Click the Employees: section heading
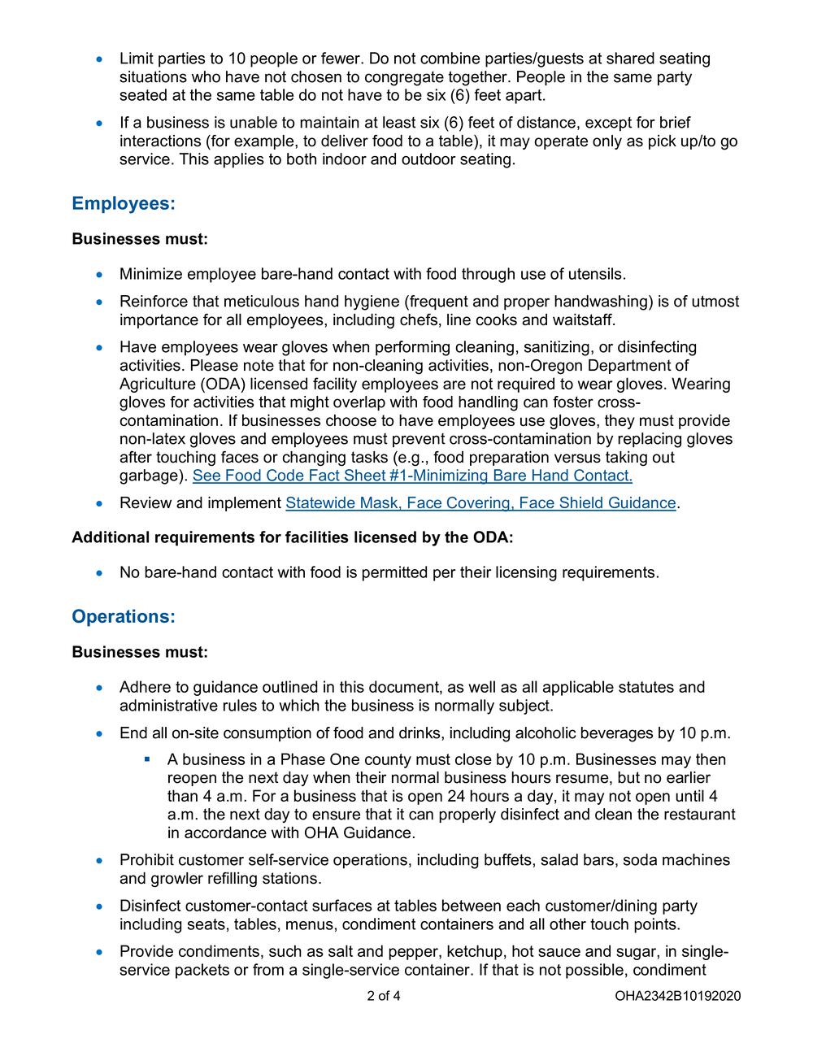click(124, 203)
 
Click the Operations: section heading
click(124, 616)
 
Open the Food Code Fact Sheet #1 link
click(412, 476)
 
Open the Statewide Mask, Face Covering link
click(480, 503)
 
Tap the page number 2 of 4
click(384, 996)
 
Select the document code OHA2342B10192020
click(678, 996)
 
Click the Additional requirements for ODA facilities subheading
click(293, 537)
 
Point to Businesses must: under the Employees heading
click(140, 239)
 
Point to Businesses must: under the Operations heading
click(140, 652)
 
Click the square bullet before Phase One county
click(148, 759)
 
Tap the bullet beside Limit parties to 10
click(100, 59)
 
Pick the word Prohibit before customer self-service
click(146, 860)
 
